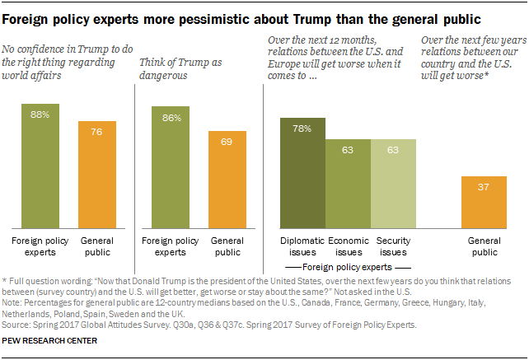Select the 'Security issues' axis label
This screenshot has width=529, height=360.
click(393, 245)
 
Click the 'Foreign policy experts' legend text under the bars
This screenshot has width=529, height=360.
click(349, 267)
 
